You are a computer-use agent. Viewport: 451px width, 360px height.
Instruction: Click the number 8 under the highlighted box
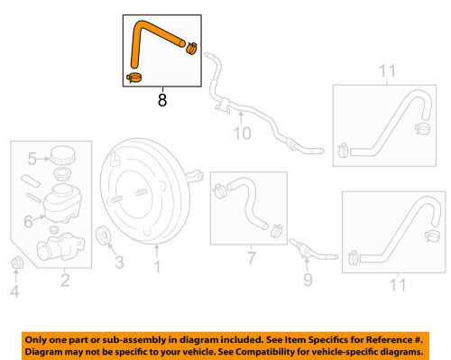[x=161, y=102]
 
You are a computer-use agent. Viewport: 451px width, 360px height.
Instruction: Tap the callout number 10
[x=242, y=136]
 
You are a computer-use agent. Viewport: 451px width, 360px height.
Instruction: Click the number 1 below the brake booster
[x=156, y=267]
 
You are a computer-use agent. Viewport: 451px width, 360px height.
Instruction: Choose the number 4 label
[x=14, y=291]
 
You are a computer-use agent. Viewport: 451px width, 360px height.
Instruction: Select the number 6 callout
[x=27, y=219]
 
